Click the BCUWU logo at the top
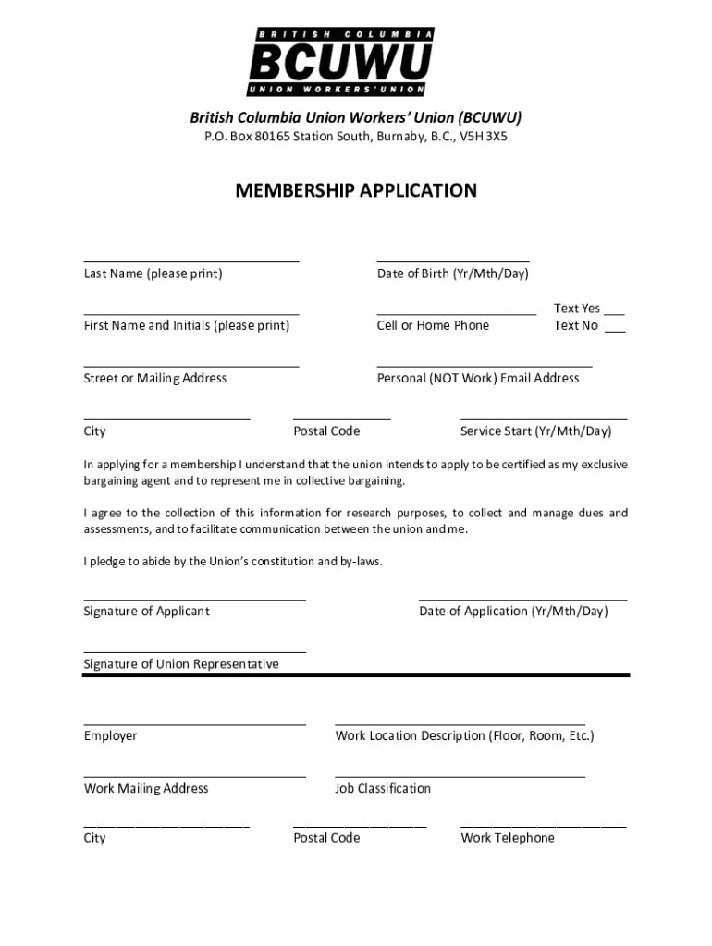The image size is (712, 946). (340, 62)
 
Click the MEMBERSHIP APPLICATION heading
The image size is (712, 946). (356, 191)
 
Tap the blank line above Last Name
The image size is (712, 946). (191, 261)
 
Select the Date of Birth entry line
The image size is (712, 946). (453, 261)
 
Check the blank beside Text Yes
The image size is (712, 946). (615, 313)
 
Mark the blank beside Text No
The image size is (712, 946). (615, 330)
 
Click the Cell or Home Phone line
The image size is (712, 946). (457, 314)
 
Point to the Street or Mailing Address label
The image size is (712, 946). (155, 378)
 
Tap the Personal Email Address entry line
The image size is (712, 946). (485, 367)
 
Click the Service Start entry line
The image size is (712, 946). (544, 419)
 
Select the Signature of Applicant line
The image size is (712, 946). (194, 600)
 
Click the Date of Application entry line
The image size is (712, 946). (522, 600)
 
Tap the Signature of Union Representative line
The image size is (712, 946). (194, 652)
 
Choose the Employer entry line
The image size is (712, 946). (194, 724)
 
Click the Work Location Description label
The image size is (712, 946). (464, 736)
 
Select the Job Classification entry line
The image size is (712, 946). (460, 777)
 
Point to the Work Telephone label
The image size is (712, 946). (508, 838)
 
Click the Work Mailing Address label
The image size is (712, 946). (146, 789)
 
